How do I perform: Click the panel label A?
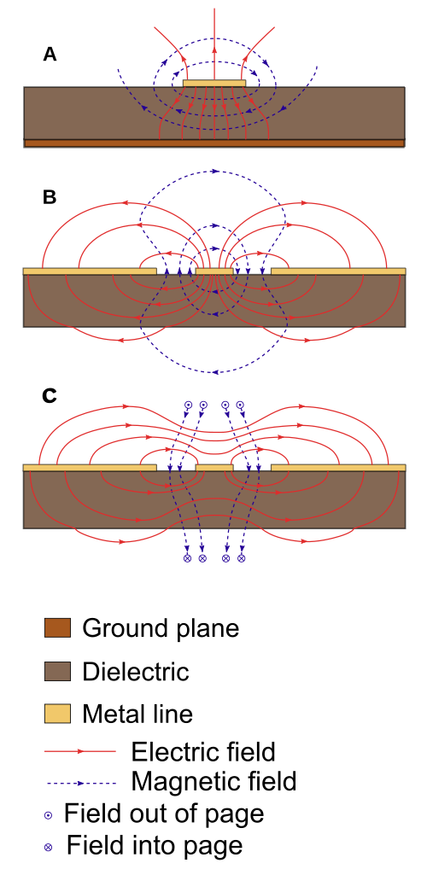tap(50, 55)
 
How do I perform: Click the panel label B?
tap(50, 197)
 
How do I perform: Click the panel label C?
tap(50, 396)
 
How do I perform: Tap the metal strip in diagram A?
tap(214, 83)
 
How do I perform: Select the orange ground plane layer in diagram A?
tap(214, 143)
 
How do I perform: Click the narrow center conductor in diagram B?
tap(214, 271)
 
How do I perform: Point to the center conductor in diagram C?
tap(214, 468)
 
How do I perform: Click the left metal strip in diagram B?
tap(90, 271)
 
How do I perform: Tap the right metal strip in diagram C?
tap(338, 468)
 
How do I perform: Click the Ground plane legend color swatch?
tap(58, 628)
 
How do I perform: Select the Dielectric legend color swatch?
tap(58, 671)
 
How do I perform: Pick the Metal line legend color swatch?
tap(58, 714)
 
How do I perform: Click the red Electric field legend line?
tap(80, 751)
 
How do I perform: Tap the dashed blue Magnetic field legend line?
tap(81, 784)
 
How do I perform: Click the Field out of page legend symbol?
tap(49, 815)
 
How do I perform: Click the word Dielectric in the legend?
tap(136, 672)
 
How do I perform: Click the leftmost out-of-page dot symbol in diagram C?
tap(188, 405)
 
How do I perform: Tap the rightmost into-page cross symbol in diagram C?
tap(241, 558)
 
